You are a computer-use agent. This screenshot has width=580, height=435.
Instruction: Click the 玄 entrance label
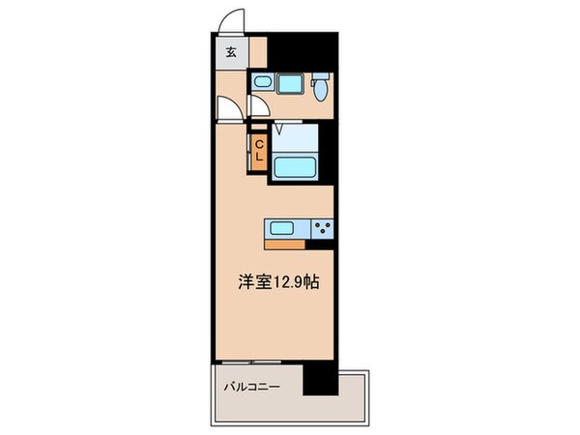pyautogui.click(x=231, y=53)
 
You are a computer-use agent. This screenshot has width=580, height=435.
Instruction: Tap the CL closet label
pyautogui.click(x=258, y=152)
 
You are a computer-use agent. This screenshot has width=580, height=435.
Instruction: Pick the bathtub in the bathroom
pyautogui.click(x=299, y=166)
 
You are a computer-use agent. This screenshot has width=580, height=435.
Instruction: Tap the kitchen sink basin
pyautogui.click(x=281, y=229)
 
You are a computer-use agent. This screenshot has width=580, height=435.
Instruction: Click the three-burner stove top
pyautogui.click(x=321, y=229)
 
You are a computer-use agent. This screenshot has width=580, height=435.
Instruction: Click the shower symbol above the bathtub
pyautogui.click(x=278, y=127)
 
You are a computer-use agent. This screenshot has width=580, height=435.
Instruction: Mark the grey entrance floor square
pyautogui.click(x=231, y=54)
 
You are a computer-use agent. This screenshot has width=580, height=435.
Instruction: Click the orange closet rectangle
pyautogui.click(x=258, y=153)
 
